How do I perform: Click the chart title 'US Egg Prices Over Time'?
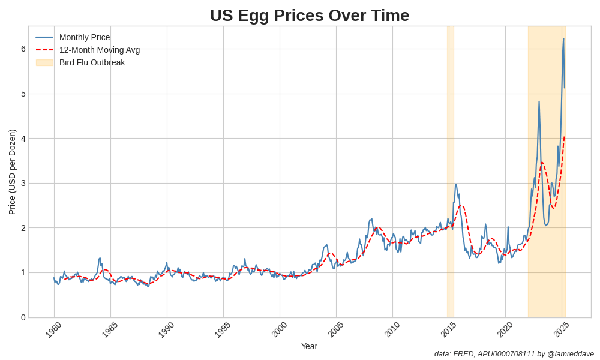pos(309,15)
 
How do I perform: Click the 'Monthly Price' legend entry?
pos(85,37)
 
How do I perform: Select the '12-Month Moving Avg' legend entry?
pos(99,50)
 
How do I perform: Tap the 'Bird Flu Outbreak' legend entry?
pos(92,62)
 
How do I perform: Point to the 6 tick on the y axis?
pos(23,49)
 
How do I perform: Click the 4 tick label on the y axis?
pos(23,139)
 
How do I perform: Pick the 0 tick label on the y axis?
pos(23,317)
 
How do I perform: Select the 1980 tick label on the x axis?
pos(53,329)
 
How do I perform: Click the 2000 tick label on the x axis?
pos(279,329)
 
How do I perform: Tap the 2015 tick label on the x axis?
pos(448,329)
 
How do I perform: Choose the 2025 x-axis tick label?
pos(561,329)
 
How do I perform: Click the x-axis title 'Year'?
pos(309,346)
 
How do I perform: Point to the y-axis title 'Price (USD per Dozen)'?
pos(12,172)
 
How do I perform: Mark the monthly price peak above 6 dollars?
pos(563,39)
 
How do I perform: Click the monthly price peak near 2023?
pos(539,102)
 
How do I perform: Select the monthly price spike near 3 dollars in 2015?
pos(456,185)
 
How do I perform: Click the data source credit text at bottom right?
pos(514,354)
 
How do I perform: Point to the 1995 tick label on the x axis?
pos(223,329)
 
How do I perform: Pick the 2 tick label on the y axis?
pos(23,228)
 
